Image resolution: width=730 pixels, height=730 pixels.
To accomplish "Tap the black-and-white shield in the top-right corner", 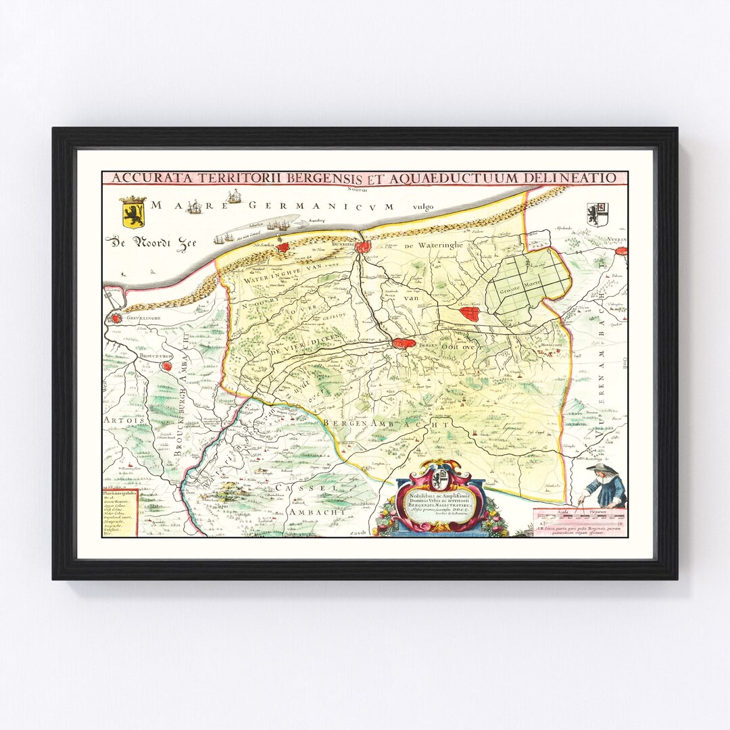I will click(598, 214).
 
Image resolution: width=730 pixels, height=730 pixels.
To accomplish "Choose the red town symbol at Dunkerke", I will click(364, 247).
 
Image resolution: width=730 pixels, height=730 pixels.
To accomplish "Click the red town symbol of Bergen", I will click(408, 345).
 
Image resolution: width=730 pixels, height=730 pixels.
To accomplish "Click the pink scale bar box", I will click(579, 521).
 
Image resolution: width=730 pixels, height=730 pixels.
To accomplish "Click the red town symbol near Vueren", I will click(623, 251).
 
